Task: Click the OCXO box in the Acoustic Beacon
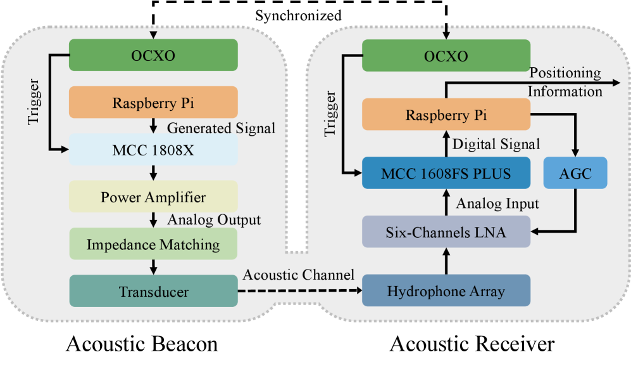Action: (153, 55)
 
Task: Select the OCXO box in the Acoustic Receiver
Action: (446, 55)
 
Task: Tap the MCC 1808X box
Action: (153, 149)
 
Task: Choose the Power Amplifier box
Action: (153, 196)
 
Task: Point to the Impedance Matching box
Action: (153, 244)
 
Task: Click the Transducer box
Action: (153, 291)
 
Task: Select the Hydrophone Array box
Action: (446, 291)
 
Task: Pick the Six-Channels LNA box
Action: (446, 231)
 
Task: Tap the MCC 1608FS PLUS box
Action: (446, 172)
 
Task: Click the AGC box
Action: (575, 172)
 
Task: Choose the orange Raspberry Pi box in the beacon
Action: (153, 102)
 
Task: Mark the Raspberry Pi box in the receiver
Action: (446, 115)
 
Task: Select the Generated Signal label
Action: (222, 128)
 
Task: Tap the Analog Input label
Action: (497, 203)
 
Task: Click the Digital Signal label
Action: (496, 144)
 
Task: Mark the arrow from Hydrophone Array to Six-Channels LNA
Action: (446, 261)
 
